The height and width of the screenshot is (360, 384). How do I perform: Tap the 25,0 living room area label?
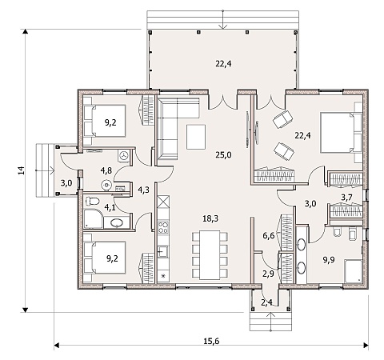pyautogui.click(x=224, y=155)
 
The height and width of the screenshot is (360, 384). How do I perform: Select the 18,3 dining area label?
pyautogui.click(x=210, y=218)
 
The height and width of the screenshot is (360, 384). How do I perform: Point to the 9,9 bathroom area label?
pyautogui.click(x=329, y=260)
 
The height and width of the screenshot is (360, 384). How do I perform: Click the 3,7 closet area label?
pyautogui.click(x=347, y=198)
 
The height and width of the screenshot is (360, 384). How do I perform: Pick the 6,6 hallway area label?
pyautogui.click(x=269, y=236)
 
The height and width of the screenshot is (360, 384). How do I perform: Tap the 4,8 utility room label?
pyautogui.click(x=106, y=170)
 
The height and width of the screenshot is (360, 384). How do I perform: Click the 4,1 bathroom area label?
pyautogui.click(x=110, y=207)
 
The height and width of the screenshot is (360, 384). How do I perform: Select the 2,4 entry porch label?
pyautogui.click(x=266, y=302)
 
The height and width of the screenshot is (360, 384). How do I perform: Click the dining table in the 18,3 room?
pyautogui.click(x=210, y=254)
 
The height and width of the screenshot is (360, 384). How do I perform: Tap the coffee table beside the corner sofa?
pyautogui.click(x=196, y=137)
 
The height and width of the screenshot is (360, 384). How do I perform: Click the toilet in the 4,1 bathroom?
pyautogui.click(x=92, y=201)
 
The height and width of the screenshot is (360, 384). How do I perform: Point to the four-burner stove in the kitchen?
pyautogui.click(x=163, y=226)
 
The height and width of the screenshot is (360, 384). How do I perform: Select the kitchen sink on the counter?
pyautogui.click(x=162, y=251)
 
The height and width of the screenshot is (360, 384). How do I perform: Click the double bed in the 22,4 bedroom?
pyautogui.click(x=338, y=133)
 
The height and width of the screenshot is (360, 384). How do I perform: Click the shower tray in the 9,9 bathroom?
pyautogui.click(x=353, y=271)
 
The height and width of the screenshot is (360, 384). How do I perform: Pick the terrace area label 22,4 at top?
pyautogui.click(x=223, y=64)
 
